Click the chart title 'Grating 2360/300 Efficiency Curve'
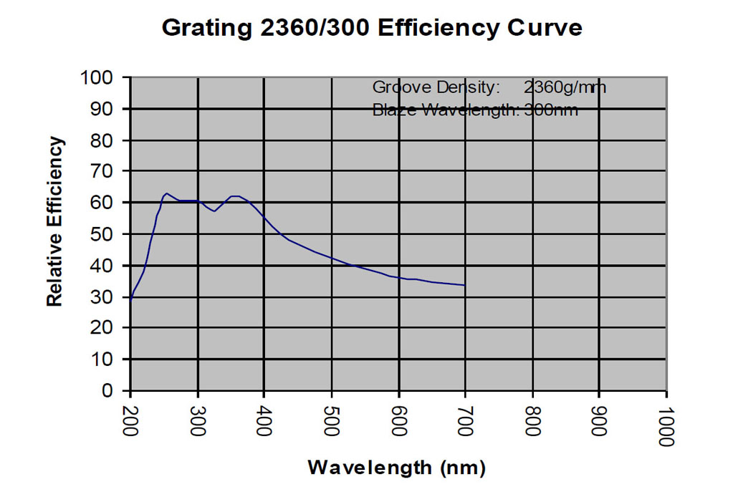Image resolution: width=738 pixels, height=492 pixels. click(x=371, y=28)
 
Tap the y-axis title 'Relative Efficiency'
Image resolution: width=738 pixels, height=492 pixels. click(x=55, y=221)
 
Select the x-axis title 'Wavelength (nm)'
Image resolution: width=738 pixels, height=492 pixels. click(x=396, y=468)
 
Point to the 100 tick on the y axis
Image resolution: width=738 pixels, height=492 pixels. click(x=102, y=77)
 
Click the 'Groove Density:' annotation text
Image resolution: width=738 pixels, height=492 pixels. click(x=434, y=87)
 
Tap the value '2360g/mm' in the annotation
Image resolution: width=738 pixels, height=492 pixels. click(x=565, y=87)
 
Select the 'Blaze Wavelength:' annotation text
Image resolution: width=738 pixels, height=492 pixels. click(x=444, y=110)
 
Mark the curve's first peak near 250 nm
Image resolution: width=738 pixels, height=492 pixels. click(x=166, y=193)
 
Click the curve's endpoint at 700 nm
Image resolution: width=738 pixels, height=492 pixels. click(x=465, y=285)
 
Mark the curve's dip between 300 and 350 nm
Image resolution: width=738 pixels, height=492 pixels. click(x=214, y=211)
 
